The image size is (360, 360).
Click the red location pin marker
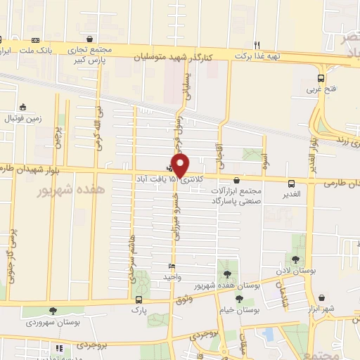pos(180,165)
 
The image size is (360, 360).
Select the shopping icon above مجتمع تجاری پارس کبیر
pos(89,39)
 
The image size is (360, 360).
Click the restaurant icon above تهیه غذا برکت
pos(257,44)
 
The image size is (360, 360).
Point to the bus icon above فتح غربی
pos(321,78)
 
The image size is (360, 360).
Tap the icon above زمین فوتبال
pos(22,107)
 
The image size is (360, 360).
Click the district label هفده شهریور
pos(70,191)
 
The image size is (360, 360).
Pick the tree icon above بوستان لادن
pos(295,259)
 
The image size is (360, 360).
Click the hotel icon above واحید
pos(172,266)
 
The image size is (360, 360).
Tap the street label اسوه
pos(264,161)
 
